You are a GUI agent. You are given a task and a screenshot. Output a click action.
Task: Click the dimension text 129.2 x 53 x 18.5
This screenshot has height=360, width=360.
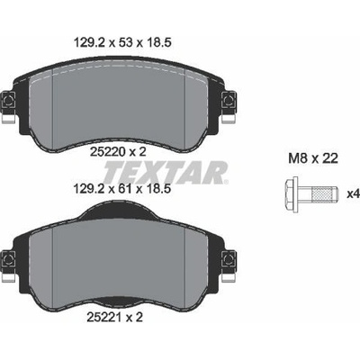coord(122,42)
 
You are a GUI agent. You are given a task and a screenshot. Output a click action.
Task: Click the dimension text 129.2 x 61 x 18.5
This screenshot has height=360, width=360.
coord(122,189)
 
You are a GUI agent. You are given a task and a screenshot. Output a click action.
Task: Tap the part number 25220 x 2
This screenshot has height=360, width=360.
coord(118,152)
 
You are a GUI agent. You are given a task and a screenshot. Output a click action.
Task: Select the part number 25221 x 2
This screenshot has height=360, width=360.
coord(114,317)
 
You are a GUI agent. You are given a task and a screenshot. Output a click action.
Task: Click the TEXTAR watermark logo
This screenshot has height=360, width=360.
coord(166,173)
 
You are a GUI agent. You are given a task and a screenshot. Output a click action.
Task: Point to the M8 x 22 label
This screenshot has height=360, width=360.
coord(313,158)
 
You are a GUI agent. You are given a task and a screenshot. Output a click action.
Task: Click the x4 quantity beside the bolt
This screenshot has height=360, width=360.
coord(353,194)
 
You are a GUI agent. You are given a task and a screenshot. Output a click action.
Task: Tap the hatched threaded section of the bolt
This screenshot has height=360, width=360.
coord(323,194)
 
